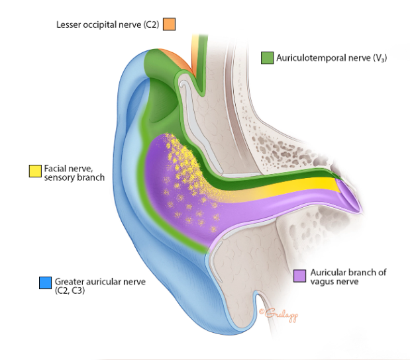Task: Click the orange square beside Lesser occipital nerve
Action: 170,24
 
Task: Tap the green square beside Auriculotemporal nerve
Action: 267,58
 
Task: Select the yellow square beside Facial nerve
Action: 34,171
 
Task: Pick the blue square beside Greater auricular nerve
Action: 45,283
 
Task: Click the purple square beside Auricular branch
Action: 300,275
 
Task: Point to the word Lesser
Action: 69,24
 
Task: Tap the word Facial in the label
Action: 56,169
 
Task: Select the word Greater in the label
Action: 70,281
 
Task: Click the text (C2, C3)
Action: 71,290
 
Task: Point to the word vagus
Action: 321,281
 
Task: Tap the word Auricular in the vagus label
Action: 328,272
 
